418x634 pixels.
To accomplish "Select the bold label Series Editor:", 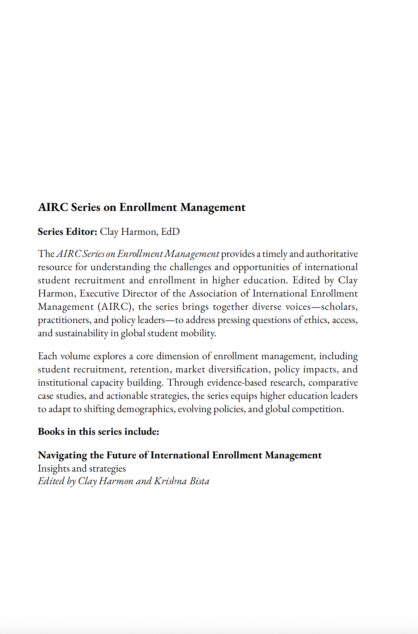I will pos(67,232).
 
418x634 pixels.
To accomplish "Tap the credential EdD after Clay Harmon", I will pos(170,232).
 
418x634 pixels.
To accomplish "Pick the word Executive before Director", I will pos(99,293).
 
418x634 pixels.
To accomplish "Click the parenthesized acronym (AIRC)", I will pos(114,307).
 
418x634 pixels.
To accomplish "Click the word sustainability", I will pos(82,333).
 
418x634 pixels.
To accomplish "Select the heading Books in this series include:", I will pos(99,431).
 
